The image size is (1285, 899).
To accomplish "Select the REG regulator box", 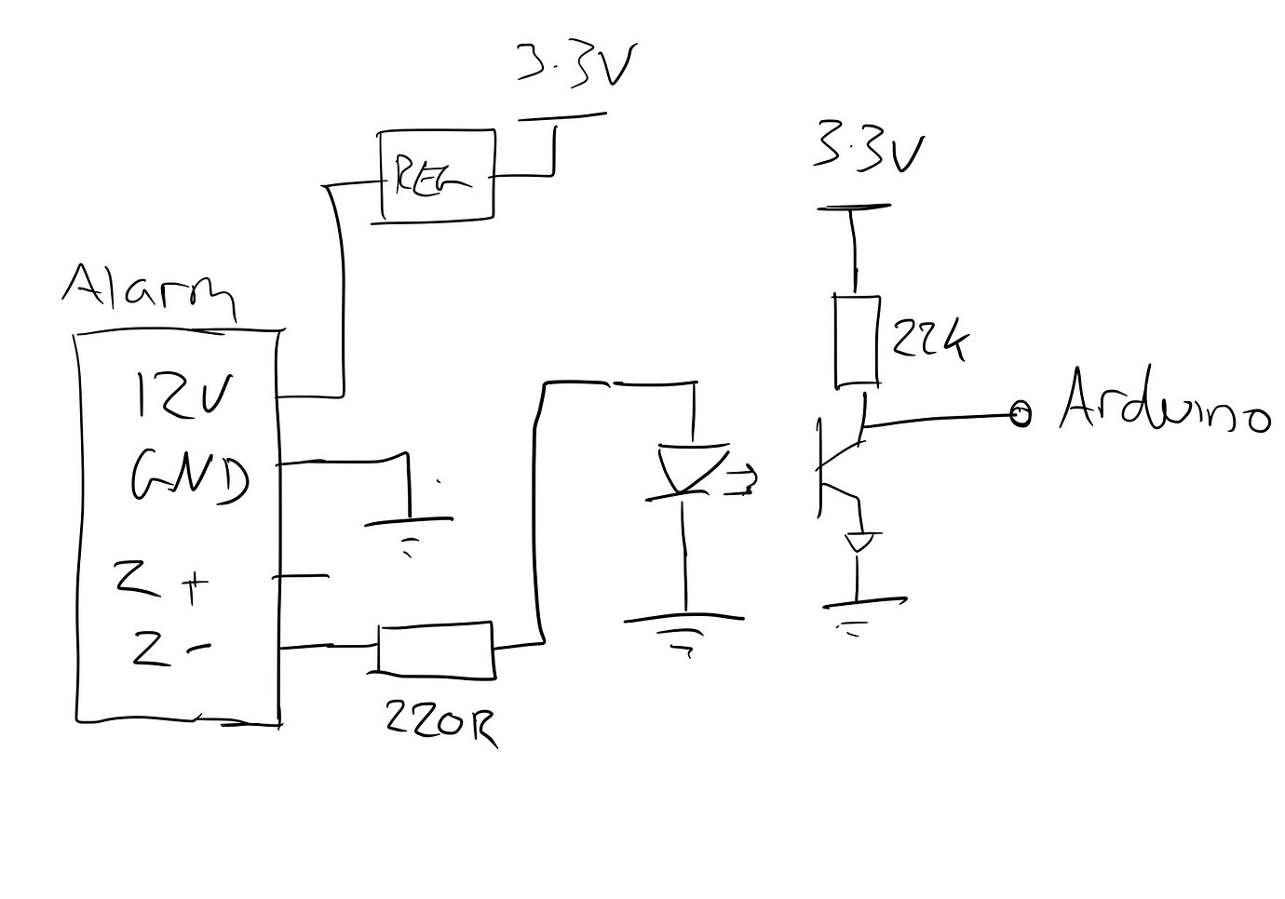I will pyautogui.click(x=436, y=176).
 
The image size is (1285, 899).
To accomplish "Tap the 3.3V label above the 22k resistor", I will pyautogui.click(x=868, y=149).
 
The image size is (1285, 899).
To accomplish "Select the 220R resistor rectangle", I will pyautogui.click(x=435, y=649).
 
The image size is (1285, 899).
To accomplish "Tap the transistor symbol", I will pyautogui.click(x=838, y=465).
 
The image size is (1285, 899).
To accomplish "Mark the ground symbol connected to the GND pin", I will pyautogui.click(x=408, y=532).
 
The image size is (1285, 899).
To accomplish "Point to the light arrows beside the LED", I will pyautogui.click(x=742, y=479).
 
